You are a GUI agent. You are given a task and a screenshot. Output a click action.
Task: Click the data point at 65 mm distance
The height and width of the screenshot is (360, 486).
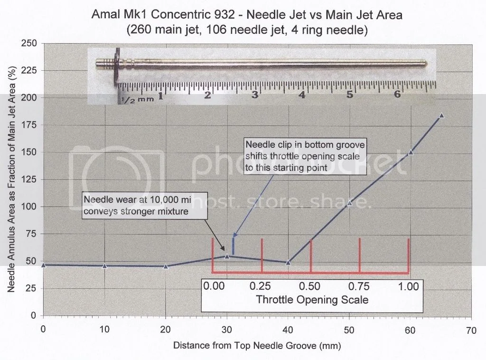click(441, 116)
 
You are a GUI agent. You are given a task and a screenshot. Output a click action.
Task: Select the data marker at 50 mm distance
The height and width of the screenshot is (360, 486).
click(349, 203)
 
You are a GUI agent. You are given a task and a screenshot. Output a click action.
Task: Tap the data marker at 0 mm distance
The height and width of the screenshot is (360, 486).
click(44, 265)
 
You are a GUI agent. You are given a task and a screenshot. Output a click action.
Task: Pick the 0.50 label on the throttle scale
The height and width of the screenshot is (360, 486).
click(310, 286)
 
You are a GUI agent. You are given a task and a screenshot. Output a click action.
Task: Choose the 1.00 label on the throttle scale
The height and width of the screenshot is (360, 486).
click(409, 286)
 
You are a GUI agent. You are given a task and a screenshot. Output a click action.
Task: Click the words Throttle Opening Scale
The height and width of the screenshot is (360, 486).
click(312, 300)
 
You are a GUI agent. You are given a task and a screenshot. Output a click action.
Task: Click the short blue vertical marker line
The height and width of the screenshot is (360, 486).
click(233, 246)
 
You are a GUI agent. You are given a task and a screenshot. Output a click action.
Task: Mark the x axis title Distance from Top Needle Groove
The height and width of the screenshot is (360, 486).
click(257, 344)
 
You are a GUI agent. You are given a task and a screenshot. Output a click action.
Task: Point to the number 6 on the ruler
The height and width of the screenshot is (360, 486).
click(397, 95)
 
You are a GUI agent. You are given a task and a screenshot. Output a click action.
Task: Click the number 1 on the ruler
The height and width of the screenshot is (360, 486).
click(160, 96)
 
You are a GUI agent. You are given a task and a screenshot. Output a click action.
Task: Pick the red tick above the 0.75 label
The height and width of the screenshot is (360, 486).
click(360, 255)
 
